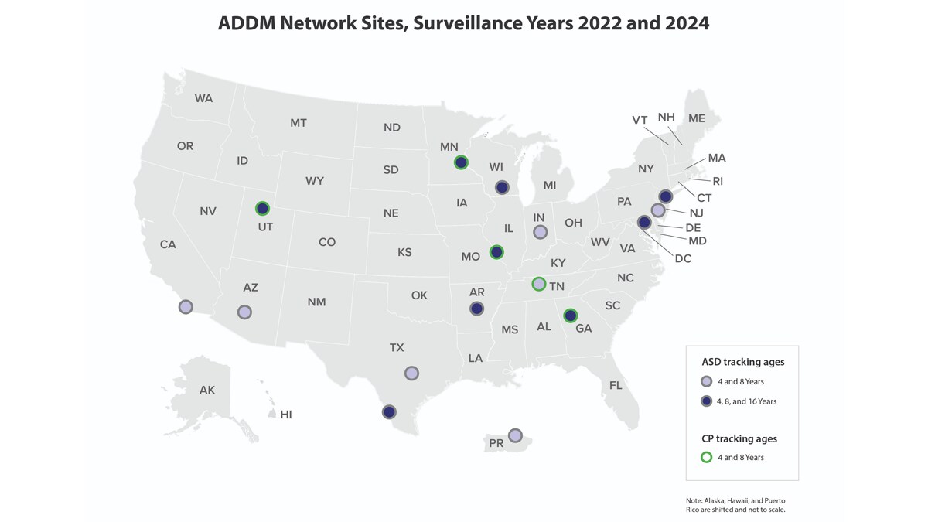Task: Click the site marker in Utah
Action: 262,208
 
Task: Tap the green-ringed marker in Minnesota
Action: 461,162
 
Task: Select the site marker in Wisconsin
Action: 502,187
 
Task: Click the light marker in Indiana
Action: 541,232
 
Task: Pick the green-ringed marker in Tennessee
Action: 538,284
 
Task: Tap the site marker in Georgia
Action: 570,315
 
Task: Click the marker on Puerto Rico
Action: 515,435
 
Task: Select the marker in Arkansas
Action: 476,309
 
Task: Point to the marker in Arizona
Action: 244,312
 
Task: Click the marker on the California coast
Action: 186,307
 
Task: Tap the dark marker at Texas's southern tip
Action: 389,412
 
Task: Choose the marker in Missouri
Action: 496,251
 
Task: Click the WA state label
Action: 203,98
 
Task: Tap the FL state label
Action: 616,385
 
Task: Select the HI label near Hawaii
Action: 286,415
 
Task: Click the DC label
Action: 682,258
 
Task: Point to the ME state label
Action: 696,118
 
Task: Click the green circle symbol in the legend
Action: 706,457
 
